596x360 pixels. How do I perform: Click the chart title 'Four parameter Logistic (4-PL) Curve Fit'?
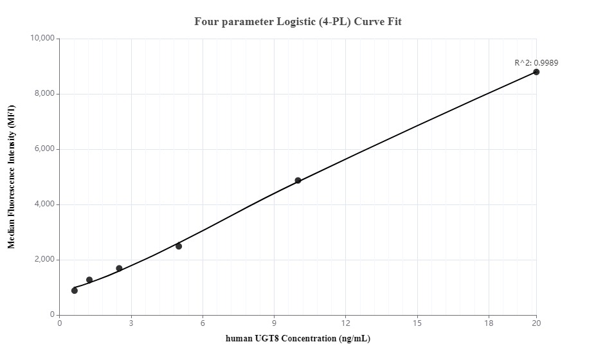pyautogui.click(x=298, y=22)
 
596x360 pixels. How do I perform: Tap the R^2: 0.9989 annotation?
pyautogui.click(x=536, y=63)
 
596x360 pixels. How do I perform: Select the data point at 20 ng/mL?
pyautogui.click(x=536, y=72)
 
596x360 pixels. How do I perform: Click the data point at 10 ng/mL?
pyautogui.click(x=298, y=181)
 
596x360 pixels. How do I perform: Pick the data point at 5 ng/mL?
pyautogui.click(x=179, y=246)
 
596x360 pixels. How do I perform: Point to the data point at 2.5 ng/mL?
pyautogui.click(x=119, y=268)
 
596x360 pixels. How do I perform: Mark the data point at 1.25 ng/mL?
pyautogui.click(x=89, y=280)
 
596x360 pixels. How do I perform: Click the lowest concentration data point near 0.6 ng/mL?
pyautogui.click(x=75, y=291)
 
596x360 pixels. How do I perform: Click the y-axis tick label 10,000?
pyautogui.click(x=43, y=39)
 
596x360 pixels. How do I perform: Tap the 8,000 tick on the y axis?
pyautogui.click(x=45, y=94)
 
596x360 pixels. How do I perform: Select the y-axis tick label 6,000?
pyautogui.click(x=45, y=149)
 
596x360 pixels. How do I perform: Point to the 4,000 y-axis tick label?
pyautogui.click(x=45, y=204)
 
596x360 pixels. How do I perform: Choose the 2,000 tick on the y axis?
pyautogui.click(x=45, y=260)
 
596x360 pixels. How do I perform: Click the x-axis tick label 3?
pyautogui.click(x=131, y=323)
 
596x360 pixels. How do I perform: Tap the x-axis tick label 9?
pyautogui.click(x=275, y=323)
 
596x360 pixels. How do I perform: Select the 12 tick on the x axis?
pyautogui.click(x=346, y=323)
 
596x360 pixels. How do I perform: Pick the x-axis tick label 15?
pyautogui.click(x=417, y=323)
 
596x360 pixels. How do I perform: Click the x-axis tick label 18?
pyautogui.click(x=489, y=323)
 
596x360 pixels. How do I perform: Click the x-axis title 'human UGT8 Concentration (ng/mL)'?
pyautogui.click(x=298, y=339)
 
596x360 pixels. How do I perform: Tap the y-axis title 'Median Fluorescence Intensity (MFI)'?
pyautogui.click(x=11, y=177)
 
